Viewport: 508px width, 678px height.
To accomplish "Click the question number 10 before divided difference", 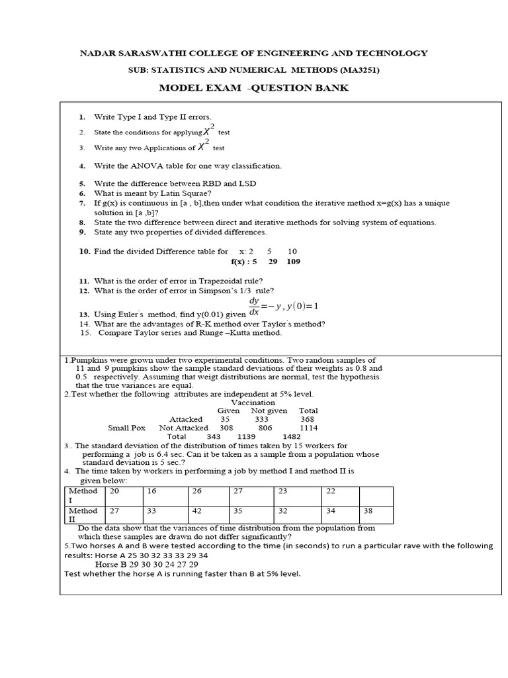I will click(x=84, y=252).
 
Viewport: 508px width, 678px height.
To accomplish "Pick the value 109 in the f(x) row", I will click(x=293, y=262).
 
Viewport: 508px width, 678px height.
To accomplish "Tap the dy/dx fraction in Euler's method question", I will click(x=254, y=305).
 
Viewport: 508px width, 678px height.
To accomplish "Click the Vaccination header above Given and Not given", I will click(x=253, y=402).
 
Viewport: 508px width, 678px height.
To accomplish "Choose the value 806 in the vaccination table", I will click(x=265, y=428).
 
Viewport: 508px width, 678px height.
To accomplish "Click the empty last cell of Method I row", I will click(x=376, y=495).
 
